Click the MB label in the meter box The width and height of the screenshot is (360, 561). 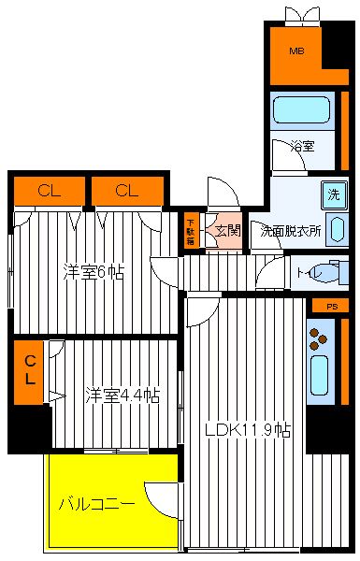[x=296, y=50]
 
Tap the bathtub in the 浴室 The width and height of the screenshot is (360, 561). [x=302, y=109]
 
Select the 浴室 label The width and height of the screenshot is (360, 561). [x=302, y=146]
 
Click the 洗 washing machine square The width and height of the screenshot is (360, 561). [x=334, y=195]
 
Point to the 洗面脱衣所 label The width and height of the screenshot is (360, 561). [x=290, y=232]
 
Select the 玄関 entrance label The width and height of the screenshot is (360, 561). [x=227, y=231]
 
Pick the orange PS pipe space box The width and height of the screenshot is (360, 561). [x=330, y=307]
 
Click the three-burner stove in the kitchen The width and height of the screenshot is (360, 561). [x=318, y=338]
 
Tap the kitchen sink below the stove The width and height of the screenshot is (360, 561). [x=319, y=375]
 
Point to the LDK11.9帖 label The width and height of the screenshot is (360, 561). [x=248, y=430]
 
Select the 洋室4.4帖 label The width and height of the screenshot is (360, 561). [x=122, y=395]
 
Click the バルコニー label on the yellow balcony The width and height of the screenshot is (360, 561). [x=97, y=504]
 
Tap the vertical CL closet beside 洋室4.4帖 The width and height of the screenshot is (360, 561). [x=29, y=372]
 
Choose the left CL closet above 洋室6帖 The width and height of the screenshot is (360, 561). [x=50, y=191]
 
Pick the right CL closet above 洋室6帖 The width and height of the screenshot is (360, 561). [x=127, y=191]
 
